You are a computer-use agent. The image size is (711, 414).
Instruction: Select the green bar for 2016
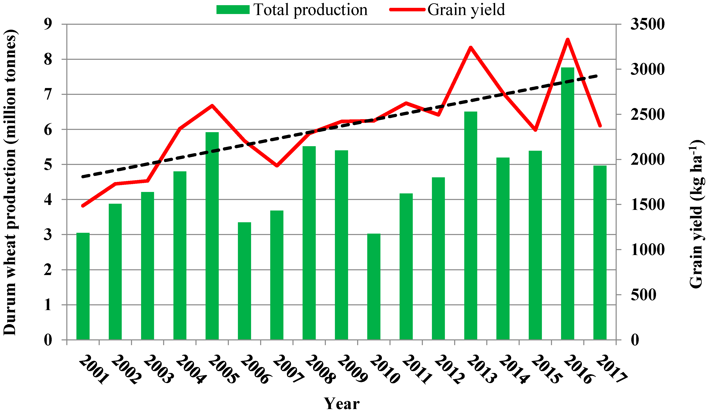pyautogui.click(x=567, y=203)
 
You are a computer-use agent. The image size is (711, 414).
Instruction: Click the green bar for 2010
pyautogui.click(x=374, y=287)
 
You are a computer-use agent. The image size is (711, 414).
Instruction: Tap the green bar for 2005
pyautogui.click(x=212, y=236)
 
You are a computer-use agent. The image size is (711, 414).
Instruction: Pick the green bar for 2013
pyautogui.click(x=471, y=226)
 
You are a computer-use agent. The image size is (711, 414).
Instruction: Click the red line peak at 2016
pyautogui.click(x=568, y=39)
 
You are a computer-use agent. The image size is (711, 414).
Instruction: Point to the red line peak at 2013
pyautogui.click(x=471, y=47)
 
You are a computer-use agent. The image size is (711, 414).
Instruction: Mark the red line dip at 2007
pyautogui.click(x=277, y=166)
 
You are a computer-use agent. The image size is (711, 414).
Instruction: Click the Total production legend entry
pyautogui.click(x=292, y=10)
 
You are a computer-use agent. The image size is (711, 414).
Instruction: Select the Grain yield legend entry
pyautogui.click(x=447, y=10)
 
